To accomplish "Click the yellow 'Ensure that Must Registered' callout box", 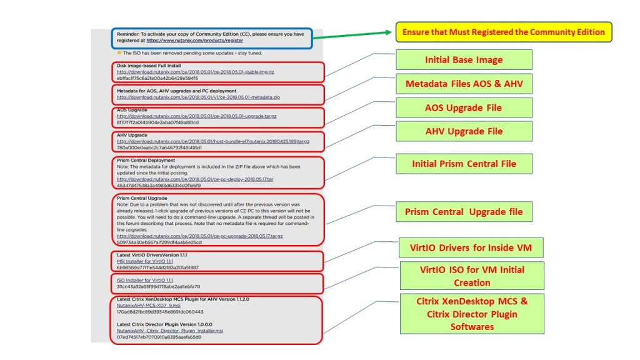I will tap(503, 32).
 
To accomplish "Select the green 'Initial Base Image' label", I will tap(463, 60).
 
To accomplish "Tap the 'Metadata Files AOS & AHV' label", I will tap(463, 84).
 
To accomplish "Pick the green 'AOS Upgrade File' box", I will tap(463, 107).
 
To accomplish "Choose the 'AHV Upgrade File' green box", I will tap(463, 131).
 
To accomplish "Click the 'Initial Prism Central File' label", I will tap(464, 164).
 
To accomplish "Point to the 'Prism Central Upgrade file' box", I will tap(463, 212).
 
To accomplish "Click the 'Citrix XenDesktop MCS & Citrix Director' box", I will tap(472, 314).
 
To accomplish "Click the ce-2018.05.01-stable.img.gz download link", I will tap(195, 72).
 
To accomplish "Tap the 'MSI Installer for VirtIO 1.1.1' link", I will tap(144, 261).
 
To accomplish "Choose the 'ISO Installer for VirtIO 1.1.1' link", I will tap(144, 280).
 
